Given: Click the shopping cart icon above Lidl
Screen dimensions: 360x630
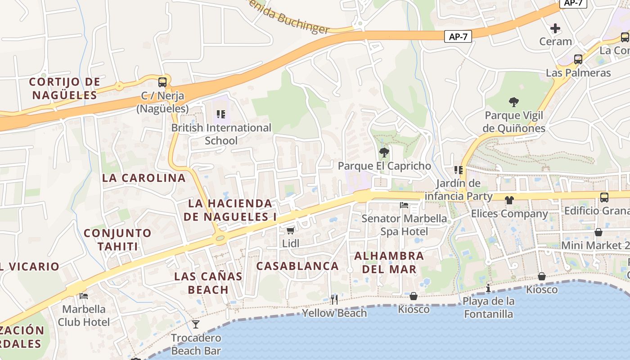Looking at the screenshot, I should point(290,230).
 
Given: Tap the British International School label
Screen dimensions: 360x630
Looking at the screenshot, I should point(221,134).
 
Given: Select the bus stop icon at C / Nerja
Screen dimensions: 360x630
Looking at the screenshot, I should point(162,82).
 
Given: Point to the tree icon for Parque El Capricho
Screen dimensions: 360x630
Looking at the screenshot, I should point(384,153).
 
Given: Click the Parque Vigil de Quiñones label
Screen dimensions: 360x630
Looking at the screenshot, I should point(513,122).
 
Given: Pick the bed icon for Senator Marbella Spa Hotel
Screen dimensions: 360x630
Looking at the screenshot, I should point(404,206).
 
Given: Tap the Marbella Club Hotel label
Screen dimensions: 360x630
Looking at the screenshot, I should point(84,315).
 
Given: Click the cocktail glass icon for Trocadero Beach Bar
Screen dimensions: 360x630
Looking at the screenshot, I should point(196,324).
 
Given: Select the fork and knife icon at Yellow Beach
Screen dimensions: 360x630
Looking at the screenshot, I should point(334,299).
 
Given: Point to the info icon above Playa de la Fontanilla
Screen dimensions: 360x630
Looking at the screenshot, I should point(488,288).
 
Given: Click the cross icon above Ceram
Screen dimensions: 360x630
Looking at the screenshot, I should point(555,28).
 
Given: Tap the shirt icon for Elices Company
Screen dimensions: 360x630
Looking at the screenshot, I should point(509,200).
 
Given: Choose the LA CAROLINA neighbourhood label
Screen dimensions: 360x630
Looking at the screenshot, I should point(144,178).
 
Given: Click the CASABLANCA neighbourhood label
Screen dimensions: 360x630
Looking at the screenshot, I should point(297,266).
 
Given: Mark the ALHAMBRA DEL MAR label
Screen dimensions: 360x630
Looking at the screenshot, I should point(389,262).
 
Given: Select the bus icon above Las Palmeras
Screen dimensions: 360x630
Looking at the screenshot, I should point(578,59).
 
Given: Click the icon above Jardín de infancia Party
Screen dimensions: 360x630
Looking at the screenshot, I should point(459,170).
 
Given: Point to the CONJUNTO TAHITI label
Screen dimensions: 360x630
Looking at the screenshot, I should point(117,240).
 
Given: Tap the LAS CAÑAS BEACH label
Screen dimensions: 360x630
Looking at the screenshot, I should point(208,283).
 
